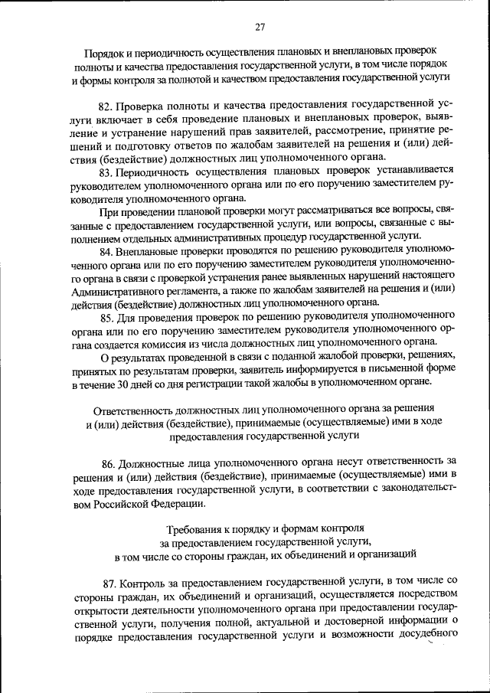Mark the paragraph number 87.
109,582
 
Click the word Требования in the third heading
195,528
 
